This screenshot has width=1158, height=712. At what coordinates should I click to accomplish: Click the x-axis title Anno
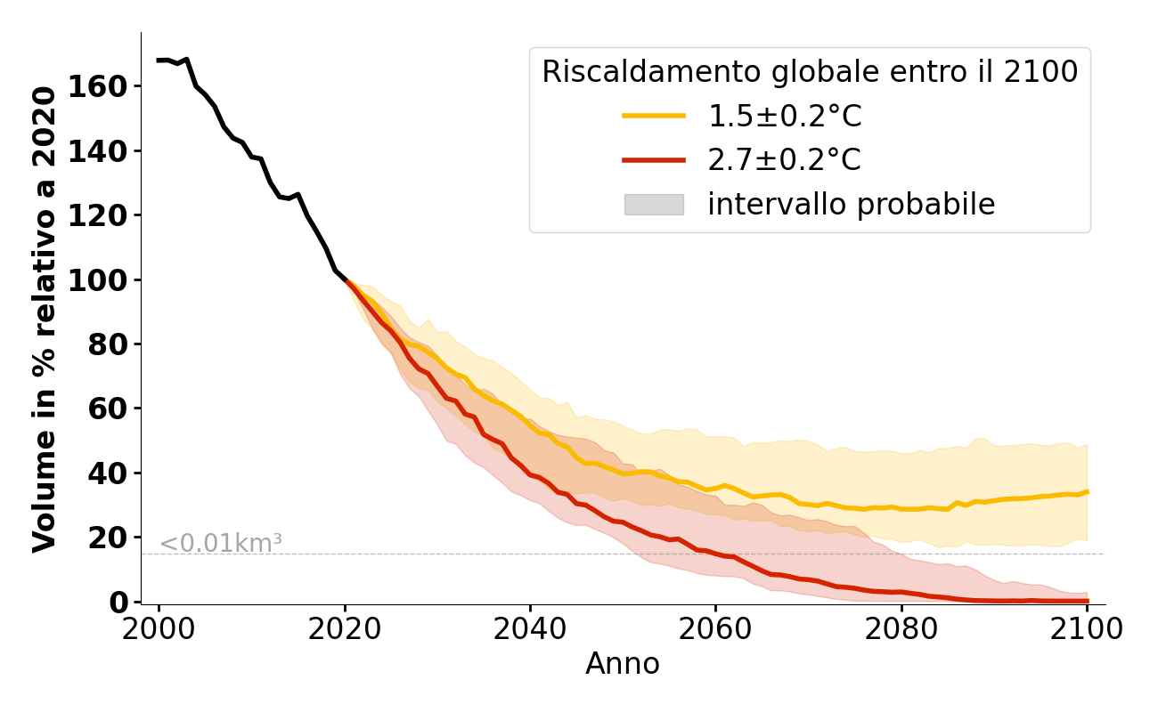coord(623,665)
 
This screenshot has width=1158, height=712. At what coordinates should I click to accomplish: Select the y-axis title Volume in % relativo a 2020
coord(45,319)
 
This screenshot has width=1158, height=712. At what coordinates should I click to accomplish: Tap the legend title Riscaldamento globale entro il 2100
coord(810,72)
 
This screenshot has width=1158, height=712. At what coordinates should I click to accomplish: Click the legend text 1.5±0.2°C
coord(785,117)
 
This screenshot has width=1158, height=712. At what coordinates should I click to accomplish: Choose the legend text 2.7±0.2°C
coord(785,161)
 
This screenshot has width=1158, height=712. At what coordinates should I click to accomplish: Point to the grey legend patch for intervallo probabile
coord(654,205)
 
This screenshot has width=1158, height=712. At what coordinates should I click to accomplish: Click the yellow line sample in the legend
coord(654,116)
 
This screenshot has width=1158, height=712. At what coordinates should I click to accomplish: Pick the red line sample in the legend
coord(654,160)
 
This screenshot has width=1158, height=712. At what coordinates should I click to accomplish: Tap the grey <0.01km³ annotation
coord(221,543)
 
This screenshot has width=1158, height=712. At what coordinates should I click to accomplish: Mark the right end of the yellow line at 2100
coord(1088,491)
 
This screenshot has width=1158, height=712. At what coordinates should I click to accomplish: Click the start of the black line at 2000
coord(158,61)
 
